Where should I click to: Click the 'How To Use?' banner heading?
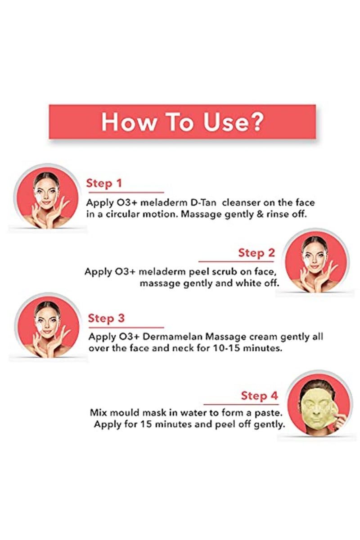pos(182,121)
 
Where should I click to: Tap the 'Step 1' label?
pos(104,183)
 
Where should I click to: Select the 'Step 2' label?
pos(256,253)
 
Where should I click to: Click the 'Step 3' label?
pos(106,318)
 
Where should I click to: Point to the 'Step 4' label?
pos(259,396)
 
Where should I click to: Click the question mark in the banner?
pos(258,121)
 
